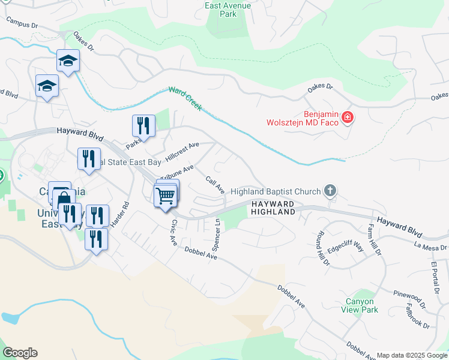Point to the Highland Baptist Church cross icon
[x=329, y=191]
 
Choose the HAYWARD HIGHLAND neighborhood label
[x=273, y=208]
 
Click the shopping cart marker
[x=165, y=195]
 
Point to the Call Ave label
[x=215, y=185]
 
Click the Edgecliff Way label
[x=346, y=247]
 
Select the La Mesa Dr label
[x=430, y=246]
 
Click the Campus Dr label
[x=22, y=23]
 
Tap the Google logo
[x=20, y=352]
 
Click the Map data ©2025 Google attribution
[x=412, y=355]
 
